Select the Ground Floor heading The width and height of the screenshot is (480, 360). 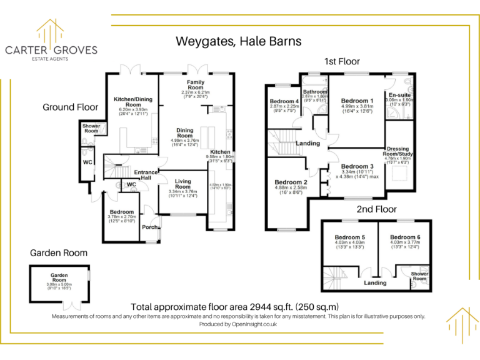tap(71, 107)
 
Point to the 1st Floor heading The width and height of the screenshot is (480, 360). tap(342, 61)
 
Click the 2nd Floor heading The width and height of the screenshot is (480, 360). tap(377, 209)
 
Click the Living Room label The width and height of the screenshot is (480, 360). tap(182, 184)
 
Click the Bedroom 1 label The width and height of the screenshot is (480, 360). tap(357, 101)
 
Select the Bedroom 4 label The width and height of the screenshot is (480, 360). tap(284, 101)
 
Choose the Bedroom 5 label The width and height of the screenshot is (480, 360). tap(350, 237)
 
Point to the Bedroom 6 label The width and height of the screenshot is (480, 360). tap(405, 237)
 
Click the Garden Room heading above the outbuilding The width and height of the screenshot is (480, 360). tap(59, 253)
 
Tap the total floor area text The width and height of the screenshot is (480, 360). tap(234, 307)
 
